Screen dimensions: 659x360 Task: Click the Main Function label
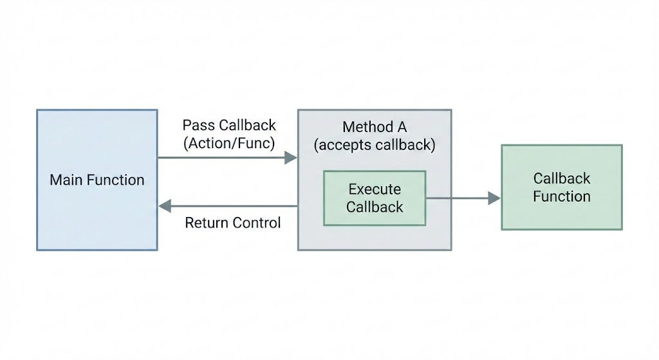tap(97, 180)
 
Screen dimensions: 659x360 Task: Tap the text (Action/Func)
tap(229, 143)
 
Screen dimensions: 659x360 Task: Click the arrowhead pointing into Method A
tap(291, 158)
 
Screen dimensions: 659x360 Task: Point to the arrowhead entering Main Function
tap(164, 206)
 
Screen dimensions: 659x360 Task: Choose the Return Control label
tap(233, 222)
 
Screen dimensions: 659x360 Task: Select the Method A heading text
tap(375, 127)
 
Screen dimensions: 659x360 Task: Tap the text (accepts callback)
tap(375, 145)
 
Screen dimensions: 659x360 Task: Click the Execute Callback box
tap(375, 198)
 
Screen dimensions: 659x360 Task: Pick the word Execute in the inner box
tap(375, 189)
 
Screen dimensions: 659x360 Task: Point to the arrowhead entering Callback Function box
tap(494, 198)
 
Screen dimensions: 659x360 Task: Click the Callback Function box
tap(562, 187)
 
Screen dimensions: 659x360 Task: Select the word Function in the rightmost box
tap(562, 196)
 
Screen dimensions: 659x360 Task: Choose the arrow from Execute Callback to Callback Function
tap(463, 198)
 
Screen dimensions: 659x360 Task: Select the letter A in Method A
tap(402, 127)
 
